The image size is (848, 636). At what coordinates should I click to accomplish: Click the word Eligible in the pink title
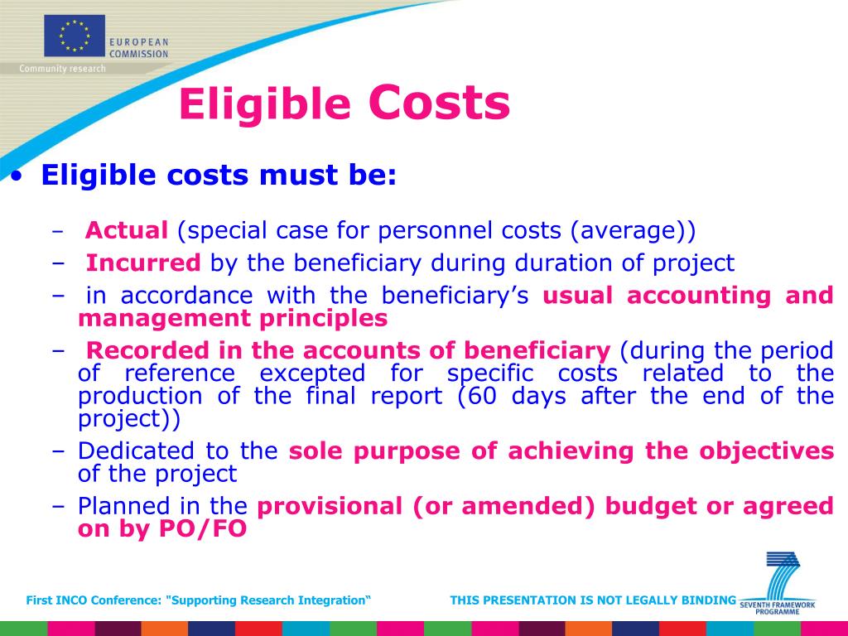265,105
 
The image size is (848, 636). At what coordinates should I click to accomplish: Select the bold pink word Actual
128,230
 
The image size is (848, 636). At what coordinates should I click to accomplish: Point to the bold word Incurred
143,263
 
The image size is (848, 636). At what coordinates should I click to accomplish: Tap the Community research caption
63,69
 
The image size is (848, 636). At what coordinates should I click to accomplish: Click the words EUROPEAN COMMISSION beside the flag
140,47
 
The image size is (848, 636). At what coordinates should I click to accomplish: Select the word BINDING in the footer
711,600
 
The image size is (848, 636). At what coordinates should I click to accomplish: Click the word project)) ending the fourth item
128,418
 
